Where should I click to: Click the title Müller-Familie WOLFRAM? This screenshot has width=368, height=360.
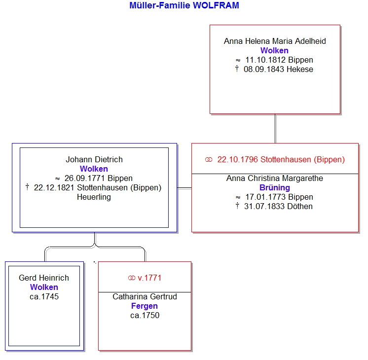pyautogui.click(x=184, y=5)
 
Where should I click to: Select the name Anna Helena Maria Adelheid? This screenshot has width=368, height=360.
pyautogui.click(x=275, y=41)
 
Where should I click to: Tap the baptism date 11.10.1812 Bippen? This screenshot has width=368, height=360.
pyautogui.click(x=279, y=60)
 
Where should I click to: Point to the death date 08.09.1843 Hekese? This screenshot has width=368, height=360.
pyautogui.click(x=278, y=69)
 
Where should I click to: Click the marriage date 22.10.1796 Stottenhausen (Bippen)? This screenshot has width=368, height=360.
pyautogui.click(x=281, y=160)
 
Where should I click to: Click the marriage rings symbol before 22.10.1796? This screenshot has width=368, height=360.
pyautogui.click(x=209, y=160)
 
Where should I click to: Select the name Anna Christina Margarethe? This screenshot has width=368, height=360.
pyautogui.click(x=275, y=179)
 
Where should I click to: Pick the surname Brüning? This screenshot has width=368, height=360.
pyautogui.click(x=275, y=188)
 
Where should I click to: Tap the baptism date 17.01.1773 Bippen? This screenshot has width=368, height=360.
pyautogui.click(x=279, y=197)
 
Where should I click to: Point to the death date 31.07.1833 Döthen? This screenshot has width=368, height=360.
pyautogui.click(x=278, y=206)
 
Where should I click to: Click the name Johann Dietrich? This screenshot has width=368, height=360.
pyautogui.click(x=94, y=160)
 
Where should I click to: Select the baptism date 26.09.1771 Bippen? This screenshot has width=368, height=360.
pyautogui.click(x=99, y=179)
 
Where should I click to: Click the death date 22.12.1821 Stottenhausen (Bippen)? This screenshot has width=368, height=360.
pyautogui.click(x=98, y=188)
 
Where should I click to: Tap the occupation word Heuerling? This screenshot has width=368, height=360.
pyautogui.click(x=94, y=197)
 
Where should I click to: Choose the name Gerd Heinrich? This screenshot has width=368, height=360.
pyautogui.click(x=44, y=278)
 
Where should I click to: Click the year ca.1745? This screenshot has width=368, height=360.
pyautogui.click(x=44, y=297)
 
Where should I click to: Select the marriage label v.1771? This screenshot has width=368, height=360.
pyautogui.click(x=149, y=278)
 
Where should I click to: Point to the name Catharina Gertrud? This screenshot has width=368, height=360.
pyautogui.click(x=145, y=297)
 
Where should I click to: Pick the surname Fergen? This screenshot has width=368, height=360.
pyautogui.click(x=145, y=306)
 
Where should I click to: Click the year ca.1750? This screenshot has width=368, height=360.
pyautogui.click(x=145, y=316)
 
